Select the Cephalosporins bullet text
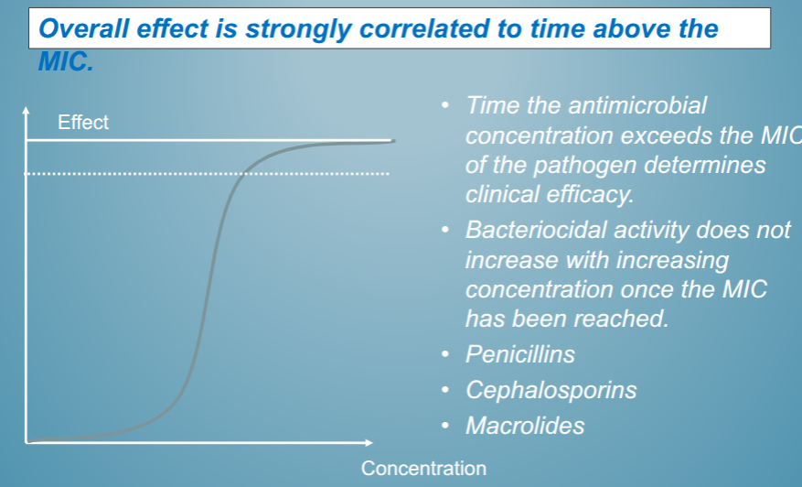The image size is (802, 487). pyautogui.click(x=551, y=390)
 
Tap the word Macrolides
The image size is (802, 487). pyautogui.click(x=524, y=426)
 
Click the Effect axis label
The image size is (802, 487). pyautogui.click(x=83, y=123)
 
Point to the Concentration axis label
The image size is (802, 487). pyautogui.click(x=423, y=469)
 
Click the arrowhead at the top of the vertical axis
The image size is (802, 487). pyautogui.click(x=27, y=113)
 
